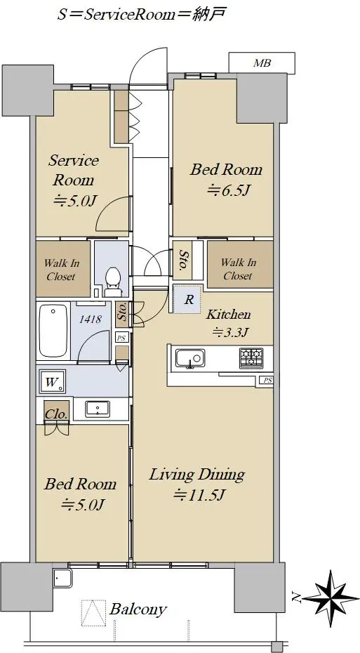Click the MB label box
(x=262, y=63)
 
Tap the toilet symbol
(x=112, y=280)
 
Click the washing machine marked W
(x=52, y=383)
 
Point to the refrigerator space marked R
(x=187, y=299)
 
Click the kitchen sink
(x=190, y=358)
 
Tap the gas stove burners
(x=251, y=357)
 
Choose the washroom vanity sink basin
(x=98, y=409)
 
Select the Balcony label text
(x=138, y=609)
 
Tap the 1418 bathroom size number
(x=91, y=319)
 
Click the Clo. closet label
(x=54, y=414)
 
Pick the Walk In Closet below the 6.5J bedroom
(x=240, y=264)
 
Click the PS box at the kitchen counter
(x=267, y=380)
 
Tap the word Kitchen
(x=229, y=314)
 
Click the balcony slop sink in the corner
(x=63, y=579)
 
